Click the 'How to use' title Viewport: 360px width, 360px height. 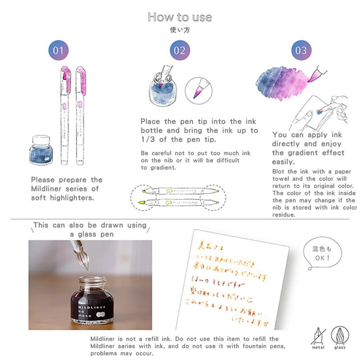[x=180, y=17]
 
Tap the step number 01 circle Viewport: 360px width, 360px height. [x=58, y=50]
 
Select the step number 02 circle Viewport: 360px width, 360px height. [x=180, y=50]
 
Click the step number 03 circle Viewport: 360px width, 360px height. [x=301, y=50]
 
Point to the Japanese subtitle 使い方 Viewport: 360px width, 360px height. [x=180, y=29]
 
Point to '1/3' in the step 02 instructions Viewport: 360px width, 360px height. [x=149, y=139]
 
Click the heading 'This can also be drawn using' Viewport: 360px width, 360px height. [x=89, y=225]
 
